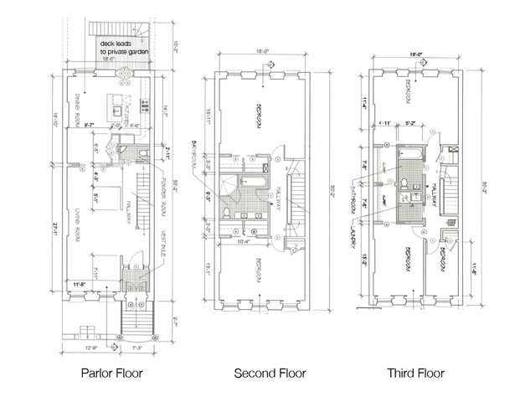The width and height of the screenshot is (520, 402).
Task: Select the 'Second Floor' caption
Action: point(269,374)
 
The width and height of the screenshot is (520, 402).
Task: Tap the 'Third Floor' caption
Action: point(416,374)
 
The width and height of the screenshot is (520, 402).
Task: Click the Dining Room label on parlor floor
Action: point(69,106)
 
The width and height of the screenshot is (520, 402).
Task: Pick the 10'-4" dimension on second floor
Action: point(245,243)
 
